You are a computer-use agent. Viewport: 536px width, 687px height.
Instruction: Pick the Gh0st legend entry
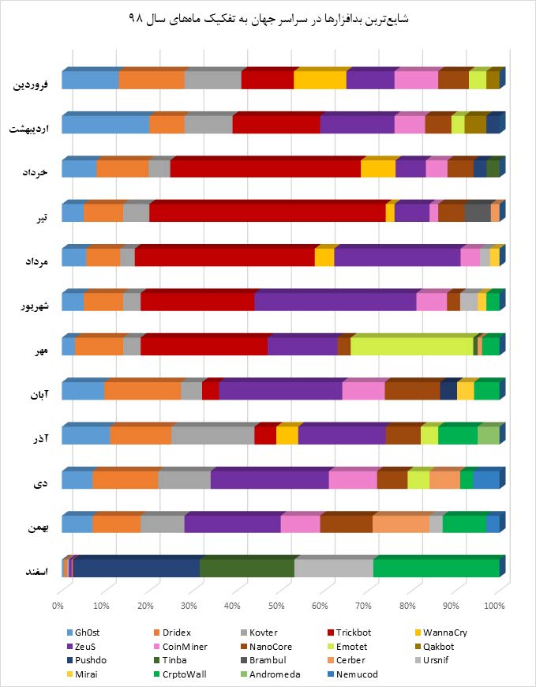86,632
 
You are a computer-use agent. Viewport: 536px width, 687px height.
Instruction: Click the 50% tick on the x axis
276,606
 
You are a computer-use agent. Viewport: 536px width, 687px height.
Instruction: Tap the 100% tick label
494,606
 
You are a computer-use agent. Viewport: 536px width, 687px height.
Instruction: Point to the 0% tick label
58,606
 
